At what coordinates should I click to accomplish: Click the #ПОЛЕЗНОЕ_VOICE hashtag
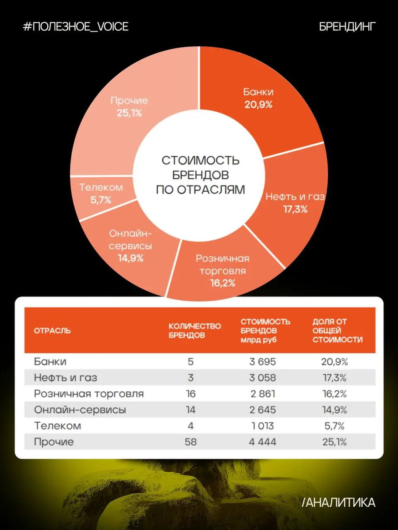coord(75,26)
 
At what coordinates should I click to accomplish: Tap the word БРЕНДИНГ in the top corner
coord(347,26)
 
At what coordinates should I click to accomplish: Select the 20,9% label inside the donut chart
coord(258,105)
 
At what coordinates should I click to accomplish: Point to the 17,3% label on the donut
coord(295,210)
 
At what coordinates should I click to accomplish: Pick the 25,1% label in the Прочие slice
coord(129,113)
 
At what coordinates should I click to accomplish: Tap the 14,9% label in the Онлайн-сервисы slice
coord(131,258)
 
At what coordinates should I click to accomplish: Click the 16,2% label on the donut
coord(223,283)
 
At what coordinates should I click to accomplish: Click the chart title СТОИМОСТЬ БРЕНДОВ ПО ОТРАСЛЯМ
coord(200,175)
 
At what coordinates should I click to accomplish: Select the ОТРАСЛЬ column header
coord(52,330)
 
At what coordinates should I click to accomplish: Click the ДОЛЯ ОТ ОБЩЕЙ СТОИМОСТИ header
coord(337,330)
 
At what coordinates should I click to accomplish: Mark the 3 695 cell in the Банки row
coord(262,362)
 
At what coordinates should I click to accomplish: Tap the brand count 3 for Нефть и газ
coord(191,378)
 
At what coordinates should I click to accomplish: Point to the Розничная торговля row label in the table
coord(89,394)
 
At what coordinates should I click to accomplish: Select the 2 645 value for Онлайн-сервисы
coord(262,410)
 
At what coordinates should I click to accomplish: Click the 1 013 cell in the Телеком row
coord(262,426)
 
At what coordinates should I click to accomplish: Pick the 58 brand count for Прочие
coord(191,442)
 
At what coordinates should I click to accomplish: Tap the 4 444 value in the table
coord(262,442)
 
